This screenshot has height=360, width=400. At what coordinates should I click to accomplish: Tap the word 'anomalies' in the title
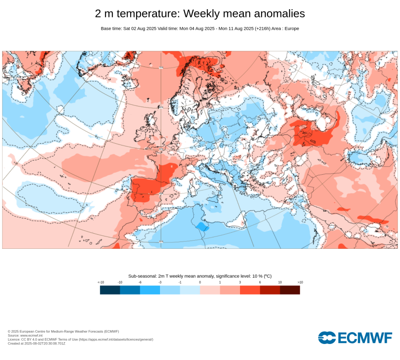[x=276, y=14]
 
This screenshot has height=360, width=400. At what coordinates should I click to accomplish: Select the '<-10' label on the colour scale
[x=101, y=282]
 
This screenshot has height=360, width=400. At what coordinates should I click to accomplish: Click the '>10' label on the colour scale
[x=300, y=282]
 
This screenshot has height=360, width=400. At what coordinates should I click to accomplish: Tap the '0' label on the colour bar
[x=200, y=282]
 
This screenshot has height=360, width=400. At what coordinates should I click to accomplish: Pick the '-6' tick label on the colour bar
[x=140, y=282]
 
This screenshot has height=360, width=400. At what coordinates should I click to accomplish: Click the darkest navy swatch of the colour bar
[x=110, y=290]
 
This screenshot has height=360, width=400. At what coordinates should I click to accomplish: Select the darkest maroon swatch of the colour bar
[x=290, y=290]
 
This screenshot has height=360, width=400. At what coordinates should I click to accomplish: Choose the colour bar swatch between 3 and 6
[x=250, y=290]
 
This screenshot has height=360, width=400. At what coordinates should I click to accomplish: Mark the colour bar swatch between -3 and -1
[x=170, y=290]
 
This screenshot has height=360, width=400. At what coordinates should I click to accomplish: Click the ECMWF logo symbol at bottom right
[x=327, y=338]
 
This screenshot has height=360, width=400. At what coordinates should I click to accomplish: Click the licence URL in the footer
[x=116, y=339]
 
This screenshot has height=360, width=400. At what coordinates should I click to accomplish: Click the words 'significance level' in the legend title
[x=220, y=276]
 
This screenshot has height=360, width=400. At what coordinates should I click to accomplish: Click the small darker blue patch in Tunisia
[x=202, y=226]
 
